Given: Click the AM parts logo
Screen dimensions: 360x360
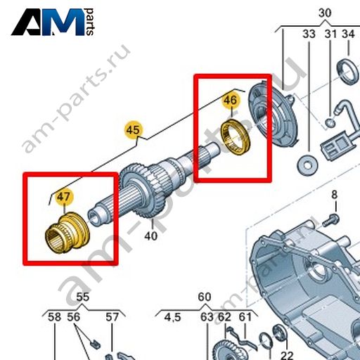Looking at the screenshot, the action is pyautogui.click(x=53, y=22).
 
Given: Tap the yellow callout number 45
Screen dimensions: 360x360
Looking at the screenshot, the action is pyautogui.click(x=133, y=129).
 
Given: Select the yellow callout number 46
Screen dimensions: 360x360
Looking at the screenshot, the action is pyautogui.click(x=231, y=101).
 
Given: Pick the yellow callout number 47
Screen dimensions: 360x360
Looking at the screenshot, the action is pyautogui.click(x=64, y=197).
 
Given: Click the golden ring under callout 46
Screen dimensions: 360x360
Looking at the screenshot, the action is pyautogui.click(x=236, y=138).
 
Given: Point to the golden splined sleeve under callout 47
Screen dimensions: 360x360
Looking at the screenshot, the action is pyautogui.click(x=67, y=233).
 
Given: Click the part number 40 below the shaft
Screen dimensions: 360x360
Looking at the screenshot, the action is pyautogui.click(x=150, y=236).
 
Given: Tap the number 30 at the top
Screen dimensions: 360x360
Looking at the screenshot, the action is pyautogui.click(x=325, y=13).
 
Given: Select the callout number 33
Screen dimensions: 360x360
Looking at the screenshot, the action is pyautogui.click(x=309, y=34).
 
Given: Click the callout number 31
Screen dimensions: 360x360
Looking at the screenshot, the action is pyautogui.click(x=330, y=34).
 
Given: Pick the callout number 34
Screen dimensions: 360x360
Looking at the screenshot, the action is pyautogui.click(x=348, y=34).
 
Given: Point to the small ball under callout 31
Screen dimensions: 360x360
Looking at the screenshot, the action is pyautogui.click(x=330, y=122).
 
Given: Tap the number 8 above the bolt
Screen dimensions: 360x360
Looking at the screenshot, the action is pyautogui.click(x=334, y=195).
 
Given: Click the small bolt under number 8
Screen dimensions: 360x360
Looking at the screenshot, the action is pyautogui.click(x=330, y=220).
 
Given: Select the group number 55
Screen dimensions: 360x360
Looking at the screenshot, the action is pyautogui.click(x=83, y=297).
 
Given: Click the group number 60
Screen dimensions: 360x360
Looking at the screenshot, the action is pyautogui.click(x=205, y=297).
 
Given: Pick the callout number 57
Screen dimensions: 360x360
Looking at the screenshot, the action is pyautogui.click(x=112, y=317).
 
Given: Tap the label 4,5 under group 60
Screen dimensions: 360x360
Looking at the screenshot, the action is pyautogui.click(x=172, y=318).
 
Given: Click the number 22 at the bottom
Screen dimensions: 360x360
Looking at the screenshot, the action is pyautogui.click(x=287, y=355).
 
